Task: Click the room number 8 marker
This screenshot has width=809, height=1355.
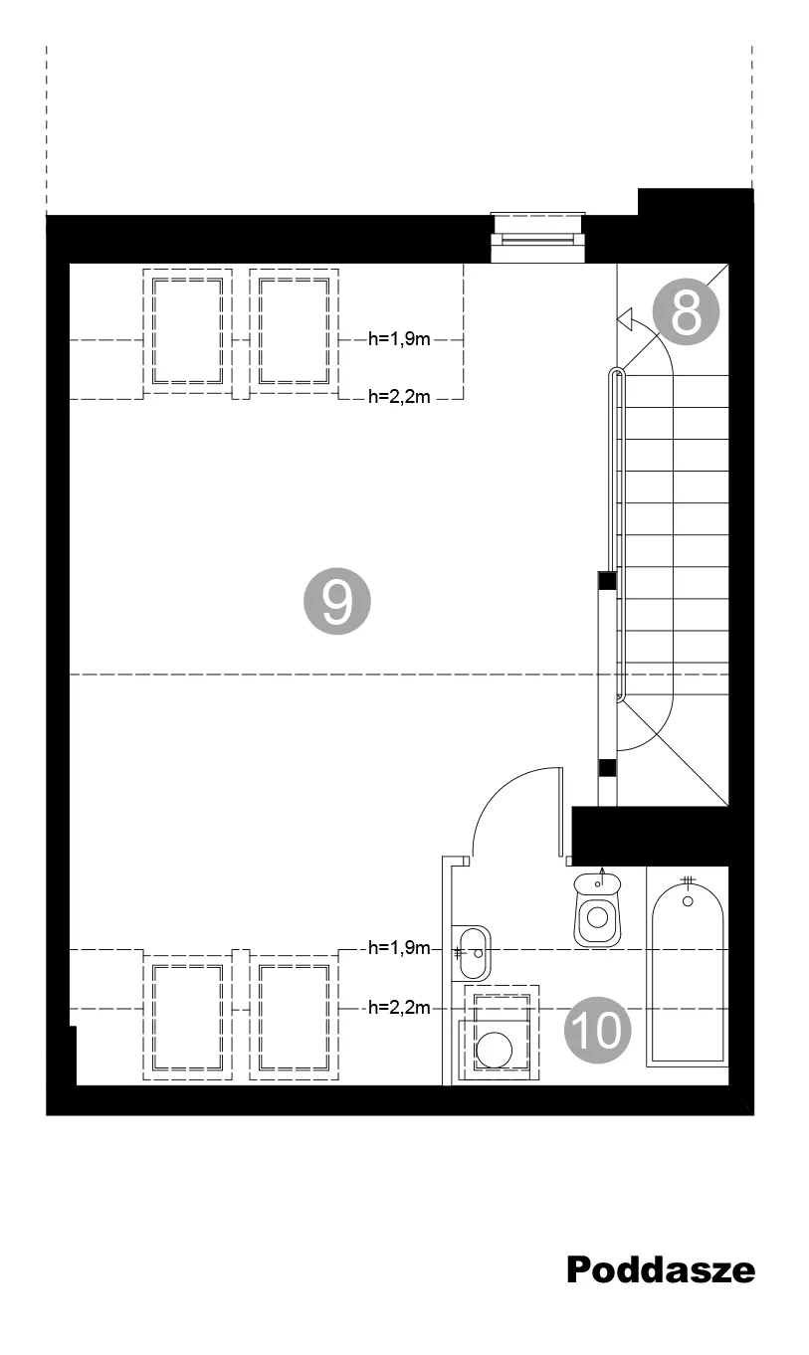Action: click(x=686, y=311)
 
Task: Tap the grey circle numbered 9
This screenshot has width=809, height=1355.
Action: click(x=337, y=601)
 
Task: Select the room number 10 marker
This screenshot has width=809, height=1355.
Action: click(x=597, y=1030)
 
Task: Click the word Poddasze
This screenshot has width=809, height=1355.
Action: click(x=661, y=1269)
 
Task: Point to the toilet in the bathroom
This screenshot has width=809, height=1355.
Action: click(x=597, y=909)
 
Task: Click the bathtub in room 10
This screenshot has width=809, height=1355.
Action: click(x=688, y=973)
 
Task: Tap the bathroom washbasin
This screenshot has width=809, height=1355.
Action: click(x=472, y=953)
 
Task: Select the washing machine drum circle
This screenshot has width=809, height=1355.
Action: click(x=494, y=1050)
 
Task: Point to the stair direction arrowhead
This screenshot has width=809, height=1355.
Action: click(x=625, y=318)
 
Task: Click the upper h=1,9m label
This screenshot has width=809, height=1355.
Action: click(x=399, y=339)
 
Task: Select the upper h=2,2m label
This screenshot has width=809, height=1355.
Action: click(x=399, y=397)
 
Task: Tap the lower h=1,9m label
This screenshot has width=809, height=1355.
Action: click(x=399, y=947)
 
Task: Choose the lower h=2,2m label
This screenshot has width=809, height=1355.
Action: click(x=399, y=1008)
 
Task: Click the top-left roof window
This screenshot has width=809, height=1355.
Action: click(x=188, y=331)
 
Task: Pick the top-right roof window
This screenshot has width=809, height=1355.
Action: click(x=295, y=331)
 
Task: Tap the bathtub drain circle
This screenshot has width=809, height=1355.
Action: click(x=688, y=901)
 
